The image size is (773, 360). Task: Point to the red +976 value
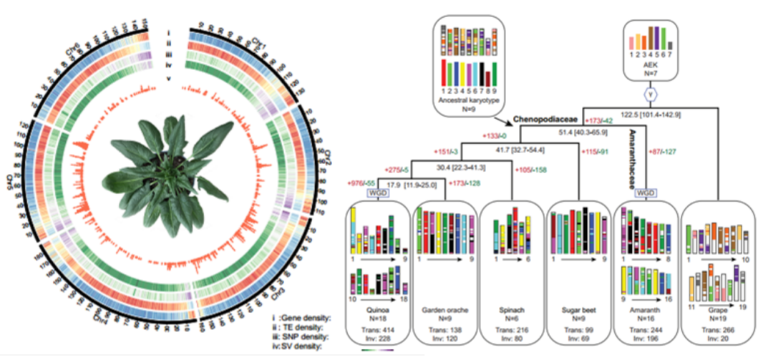coord(356,183)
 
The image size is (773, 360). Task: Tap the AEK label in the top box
coord(651,63)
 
